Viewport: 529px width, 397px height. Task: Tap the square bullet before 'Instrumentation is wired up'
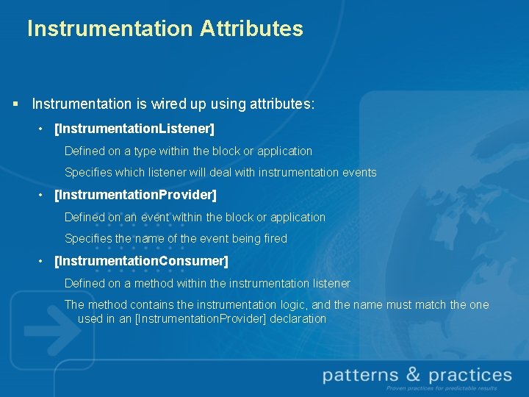coord(15,104)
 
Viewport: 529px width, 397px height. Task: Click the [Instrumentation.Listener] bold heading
coord(134,129)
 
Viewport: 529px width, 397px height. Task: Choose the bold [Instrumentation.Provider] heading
coord(135,196)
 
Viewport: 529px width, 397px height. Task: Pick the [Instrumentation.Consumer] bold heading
coord(141,261)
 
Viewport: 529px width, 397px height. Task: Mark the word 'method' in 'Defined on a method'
coord(154,283)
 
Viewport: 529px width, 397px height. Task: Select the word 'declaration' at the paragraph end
coord(298,318)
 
